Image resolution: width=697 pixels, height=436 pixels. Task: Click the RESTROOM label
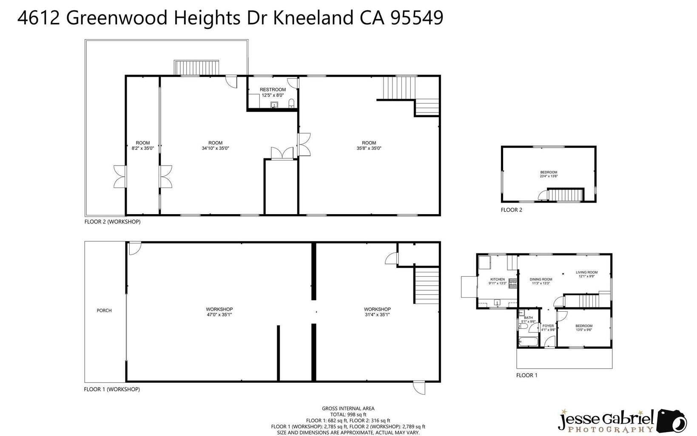(273, 90)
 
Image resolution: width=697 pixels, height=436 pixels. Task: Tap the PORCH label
(104, 310)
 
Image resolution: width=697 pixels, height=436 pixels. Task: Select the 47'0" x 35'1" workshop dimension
(219, 315)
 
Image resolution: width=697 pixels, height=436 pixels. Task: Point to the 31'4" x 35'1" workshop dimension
(377, 315)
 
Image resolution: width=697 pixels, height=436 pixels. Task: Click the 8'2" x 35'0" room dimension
(143, 148)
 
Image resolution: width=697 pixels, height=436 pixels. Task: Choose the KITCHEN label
(498, 280)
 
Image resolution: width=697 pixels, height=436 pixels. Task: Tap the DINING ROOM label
(541, 280)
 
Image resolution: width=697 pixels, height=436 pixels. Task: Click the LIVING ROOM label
(586, 272)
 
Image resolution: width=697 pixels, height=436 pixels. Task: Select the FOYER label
(548, 326)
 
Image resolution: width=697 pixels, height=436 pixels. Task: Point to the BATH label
(528, 318)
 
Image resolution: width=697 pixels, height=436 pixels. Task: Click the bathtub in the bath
(528, 342)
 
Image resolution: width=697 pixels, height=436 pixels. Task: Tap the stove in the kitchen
(513, 283)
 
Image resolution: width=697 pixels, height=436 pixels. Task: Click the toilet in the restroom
(291, 103)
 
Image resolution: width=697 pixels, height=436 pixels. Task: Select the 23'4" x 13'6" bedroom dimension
(549, 176)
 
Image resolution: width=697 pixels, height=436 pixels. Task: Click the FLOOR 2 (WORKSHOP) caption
(112, 221)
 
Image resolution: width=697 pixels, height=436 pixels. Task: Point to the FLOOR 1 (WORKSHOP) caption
(112, 389)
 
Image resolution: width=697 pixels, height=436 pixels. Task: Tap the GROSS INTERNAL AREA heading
(348, 409)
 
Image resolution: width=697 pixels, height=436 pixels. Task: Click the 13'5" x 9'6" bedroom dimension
(584, 330)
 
